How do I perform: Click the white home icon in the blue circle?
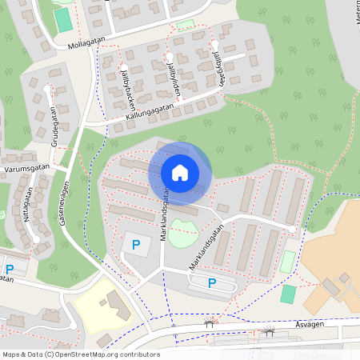point(180,172)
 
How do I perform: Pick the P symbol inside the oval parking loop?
point(212,282)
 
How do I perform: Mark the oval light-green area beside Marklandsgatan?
point(183,234)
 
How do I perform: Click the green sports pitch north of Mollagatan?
point(63,20)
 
